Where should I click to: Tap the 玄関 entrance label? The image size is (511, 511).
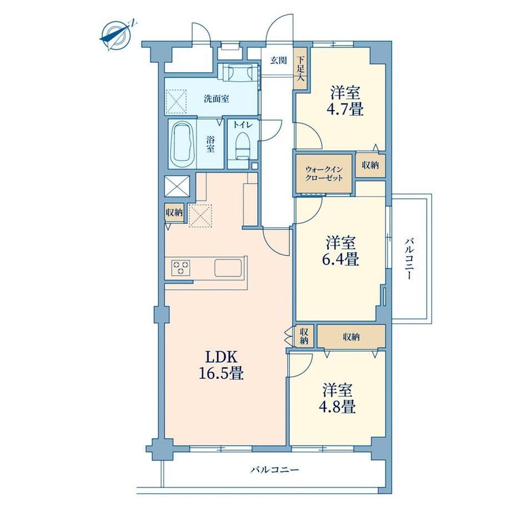(279, 61)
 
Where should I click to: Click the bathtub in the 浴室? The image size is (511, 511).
(182, 144)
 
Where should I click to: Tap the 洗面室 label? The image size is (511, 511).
(217, 98)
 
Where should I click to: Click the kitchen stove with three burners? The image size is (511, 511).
(181, 268)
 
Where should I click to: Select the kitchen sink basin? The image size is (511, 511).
(228, 268)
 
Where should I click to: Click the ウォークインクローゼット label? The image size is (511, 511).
(324, 174)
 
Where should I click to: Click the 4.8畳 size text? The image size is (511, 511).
(337, 407)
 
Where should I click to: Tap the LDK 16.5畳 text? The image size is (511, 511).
(221, 365)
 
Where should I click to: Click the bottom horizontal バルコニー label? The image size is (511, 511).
(274, 470)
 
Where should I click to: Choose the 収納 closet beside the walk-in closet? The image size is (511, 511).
(370, 165)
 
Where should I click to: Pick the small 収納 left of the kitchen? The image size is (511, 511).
(174, 213)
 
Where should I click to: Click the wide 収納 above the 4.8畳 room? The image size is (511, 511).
(351, 337)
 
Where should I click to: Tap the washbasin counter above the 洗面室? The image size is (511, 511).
(238, 72)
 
